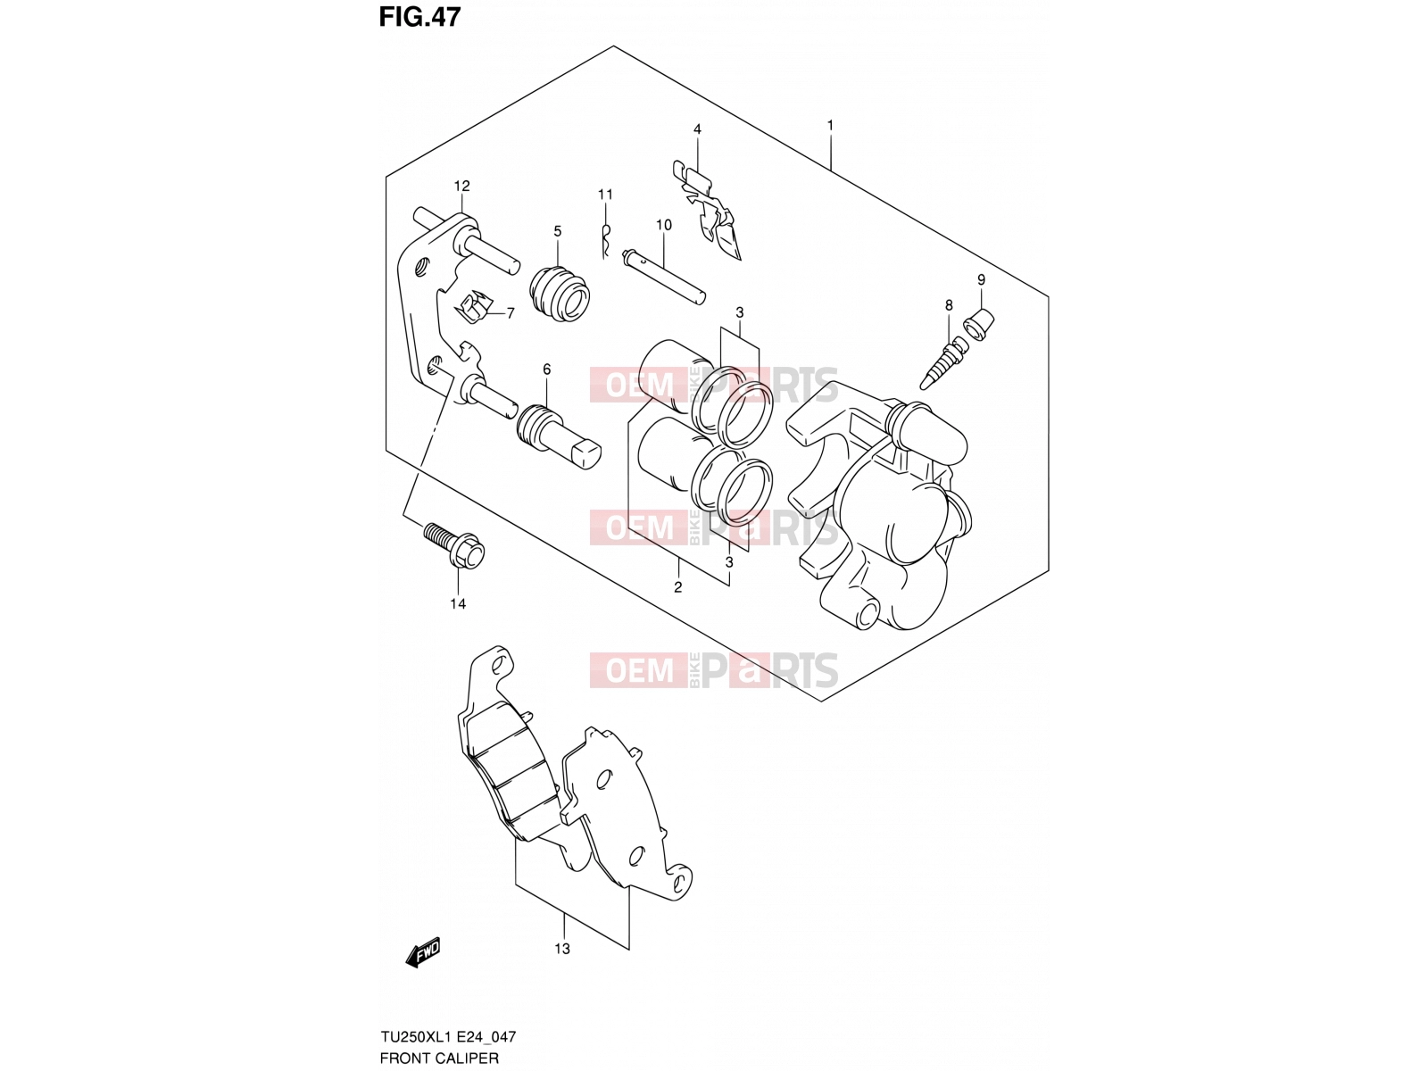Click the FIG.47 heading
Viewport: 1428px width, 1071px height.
(419, 17)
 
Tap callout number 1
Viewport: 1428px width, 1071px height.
(830, 124)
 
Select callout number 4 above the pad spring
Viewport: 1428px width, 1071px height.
(697, 129)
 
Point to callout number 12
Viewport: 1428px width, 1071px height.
(462, 186)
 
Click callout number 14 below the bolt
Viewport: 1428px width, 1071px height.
(458, 603)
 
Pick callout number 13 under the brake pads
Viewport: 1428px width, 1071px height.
(562, 949)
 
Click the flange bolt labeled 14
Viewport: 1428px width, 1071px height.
(454, 545)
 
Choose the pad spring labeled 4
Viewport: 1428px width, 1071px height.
(706, 210)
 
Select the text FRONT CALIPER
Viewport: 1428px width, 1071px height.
(439, 1058)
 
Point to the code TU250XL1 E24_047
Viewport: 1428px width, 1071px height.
(448, 1036)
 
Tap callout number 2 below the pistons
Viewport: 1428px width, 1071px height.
(678, 587)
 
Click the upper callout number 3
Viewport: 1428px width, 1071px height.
(740, 312)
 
